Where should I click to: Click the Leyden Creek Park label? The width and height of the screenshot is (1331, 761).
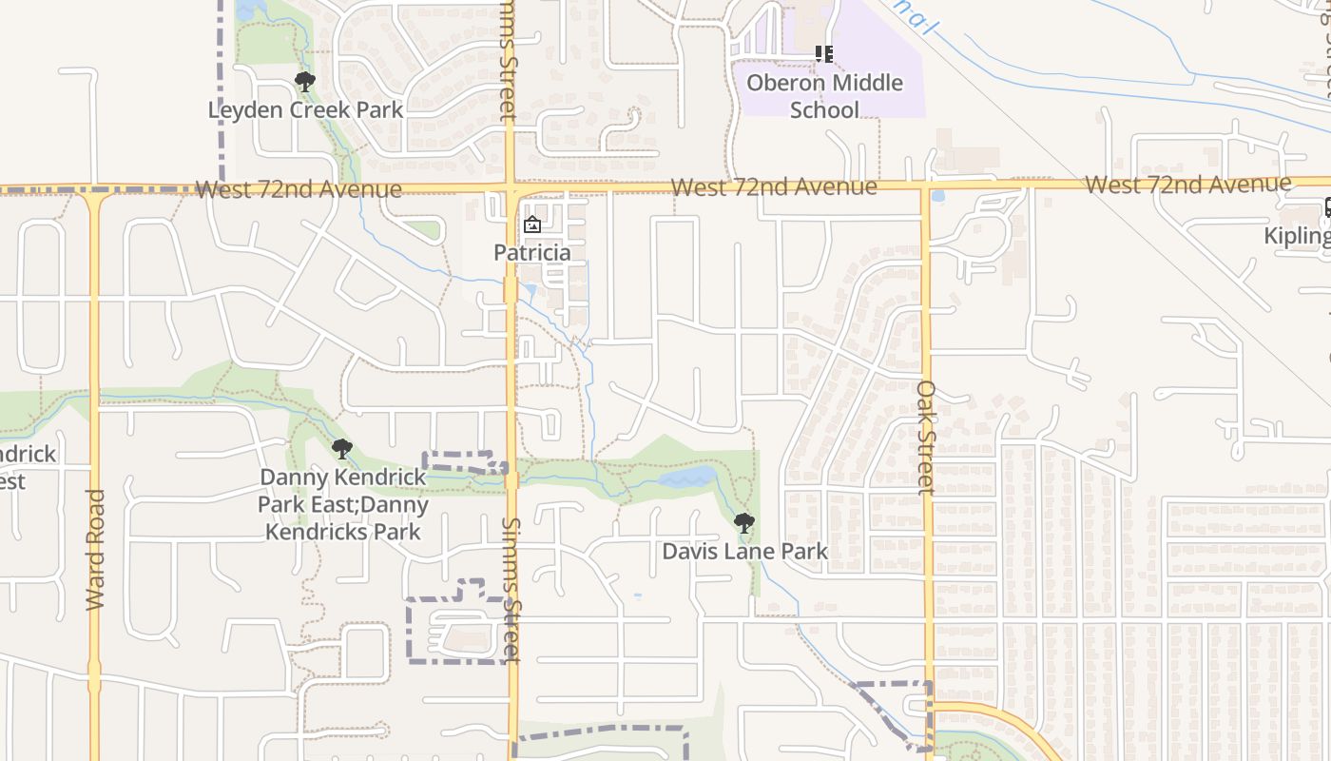[x=305, y=109]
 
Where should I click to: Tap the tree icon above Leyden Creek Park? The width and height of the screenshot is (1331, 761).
[x=305, y=82]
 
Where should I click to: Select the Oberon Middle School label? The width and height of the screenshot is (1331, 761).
[x=824, y=95]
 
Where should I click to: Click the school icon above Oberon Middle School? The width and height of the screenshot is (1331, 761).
[x=824, y=54]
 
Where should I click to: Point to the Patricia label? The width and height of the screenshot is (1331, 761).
[x=531, y=252]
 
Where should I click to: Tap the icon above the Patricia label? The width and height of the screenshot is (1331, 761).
[x=531, y=225]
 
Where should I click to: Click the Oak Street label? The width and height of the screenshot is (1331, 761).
[x=927, y=437]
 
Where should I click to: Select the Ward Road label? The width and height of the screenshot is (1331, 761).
[x=95, y=549]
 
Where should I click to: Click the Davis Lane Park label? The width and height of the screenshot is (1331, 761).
[x=744, y=551]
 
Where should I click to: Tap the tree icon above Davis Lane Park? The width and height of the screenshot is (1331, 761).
[x=744, y=522]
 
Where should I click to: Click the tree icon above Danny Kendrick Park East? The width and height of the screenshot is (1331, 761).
[x=342, y=448]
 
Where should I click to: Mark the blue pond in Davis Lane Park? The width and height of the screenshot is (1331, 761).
[x=686, y=477]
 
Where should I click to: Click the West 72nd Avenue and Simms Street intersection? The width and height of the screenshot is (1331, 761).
[x=511, y=188]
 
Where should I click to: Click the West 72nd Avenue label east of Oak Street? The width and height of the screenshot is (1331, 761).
[x=1187, y=184]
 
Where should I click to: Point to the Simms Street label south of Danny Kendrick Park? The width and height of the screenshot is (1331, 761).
[x=512, y=589]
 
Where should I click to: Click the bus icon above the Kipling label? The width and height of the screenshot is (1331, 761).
[x=1328, y=207]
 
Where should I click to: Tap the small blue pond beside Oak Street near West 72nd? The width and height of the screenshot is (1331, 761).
[x=938, y=197]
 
